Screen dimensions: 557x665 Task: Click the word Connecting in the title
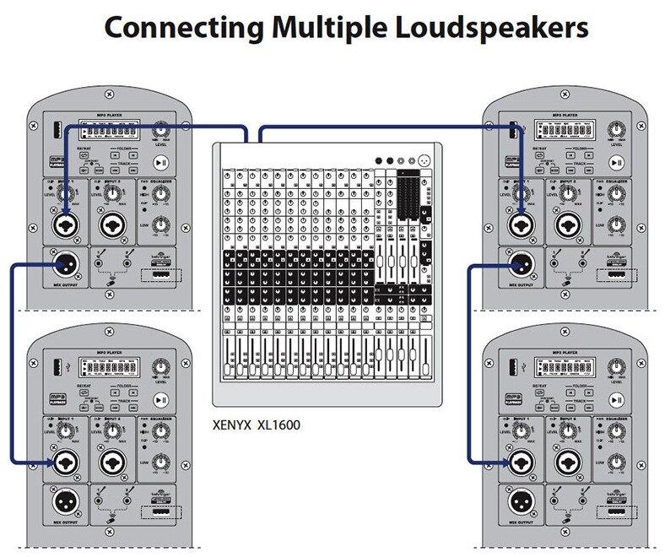pyautogui.click(x=165, y=27)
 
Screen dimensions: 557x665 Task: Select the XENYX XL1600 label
pyautogui.click(x=257, y=425)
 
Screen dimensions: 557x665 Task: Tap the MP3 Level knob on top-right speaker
pyautogui.click(x=618, y=129)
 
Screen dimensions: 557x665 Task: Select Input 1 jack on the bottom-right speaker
pyautogui.click(x=522, y=462)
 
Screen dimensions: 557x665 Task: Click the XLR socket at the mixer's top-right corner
pyautogui.click(x=424, y=161)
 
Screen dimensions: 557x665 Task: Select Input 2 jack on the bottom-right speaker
pyautogui.click(x=568, y=462)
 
